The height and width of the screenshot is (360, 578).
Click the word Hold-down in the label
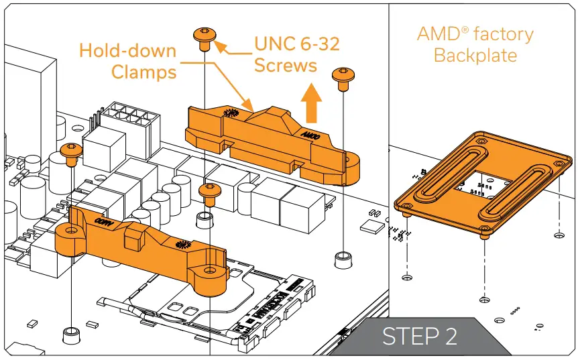[127, 50]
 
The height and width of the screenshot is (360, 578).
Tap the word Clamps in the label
[144, 71]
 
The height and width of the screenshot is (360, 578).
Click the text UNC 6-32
[297, 44]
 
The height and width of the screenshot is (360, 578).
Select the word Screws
[286, 65]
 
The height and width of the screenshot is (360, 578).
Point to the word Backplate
[475, 54]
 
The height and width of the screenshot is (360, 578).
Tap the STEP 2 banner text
[420, 336]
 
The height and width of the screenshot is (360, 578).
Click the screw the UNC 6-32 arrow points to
[204, 37]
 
